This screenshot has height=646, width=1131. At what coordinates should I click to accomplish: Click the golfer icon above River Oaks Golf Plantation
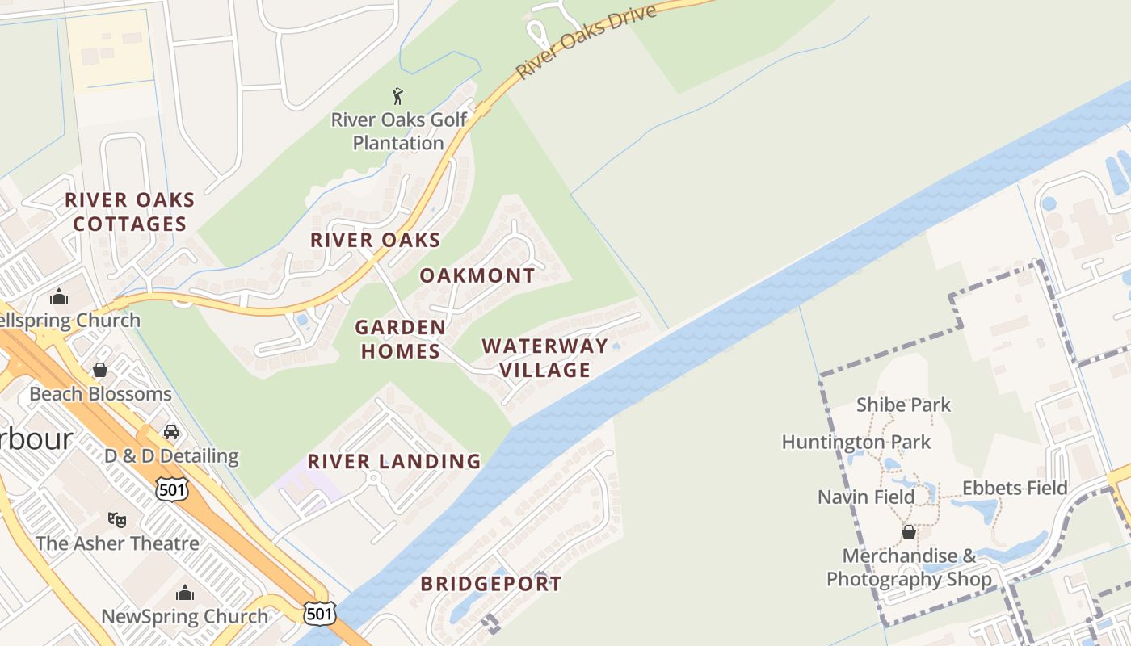pos(397,97)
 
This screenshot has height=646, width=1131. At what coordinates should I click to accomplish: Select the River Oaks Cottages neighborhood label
pos(129,212)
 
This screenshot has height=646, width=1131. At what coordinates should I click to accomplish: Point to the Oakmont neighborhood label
pos(477,275)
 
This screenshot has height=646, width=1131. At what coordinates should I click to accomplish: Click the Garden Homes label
pos(400,339)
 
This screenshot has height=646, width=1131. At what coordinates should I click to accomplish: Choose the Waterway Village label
pos(544,358)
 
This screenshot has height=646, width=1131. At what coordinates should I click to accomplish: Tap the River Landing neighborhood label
pos(394,462)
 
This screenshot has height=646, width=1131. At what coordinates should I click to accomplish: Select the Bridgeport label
pos(491,584)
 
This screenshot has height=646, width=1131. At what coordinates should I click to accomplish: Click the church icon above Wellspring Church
pos(59,296)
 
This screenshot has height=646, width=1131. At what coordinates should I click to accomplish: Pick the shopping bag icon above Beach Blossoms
pos(100,370)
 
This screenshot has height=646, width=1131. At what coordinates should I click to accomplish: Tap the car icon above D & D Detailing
pos(171,432)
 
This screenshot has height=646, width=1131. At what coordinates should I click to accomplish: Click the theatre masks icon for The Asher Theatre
pos(117,519)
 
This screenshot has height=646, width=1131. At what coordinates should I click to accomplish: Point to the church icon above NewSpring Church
pos(185,594)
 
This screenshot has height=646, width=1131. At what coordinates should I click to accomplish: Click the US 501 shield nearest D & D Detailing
pos(172,488)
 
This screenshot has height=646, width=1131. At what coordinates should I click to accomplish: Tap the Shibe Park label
pos(903,405)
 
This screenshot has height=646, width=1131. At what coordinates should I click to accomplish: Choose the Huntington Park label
pos(856,443)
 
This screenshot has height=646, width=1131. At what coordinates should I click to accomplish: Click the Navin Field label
pos(866,497)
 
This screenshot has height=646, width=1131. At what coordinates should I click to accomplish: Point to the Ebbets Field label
pos(1015,488)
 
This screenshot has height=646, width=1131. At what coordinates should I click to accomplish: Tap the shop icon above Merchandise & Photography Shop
pos(909,532)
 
